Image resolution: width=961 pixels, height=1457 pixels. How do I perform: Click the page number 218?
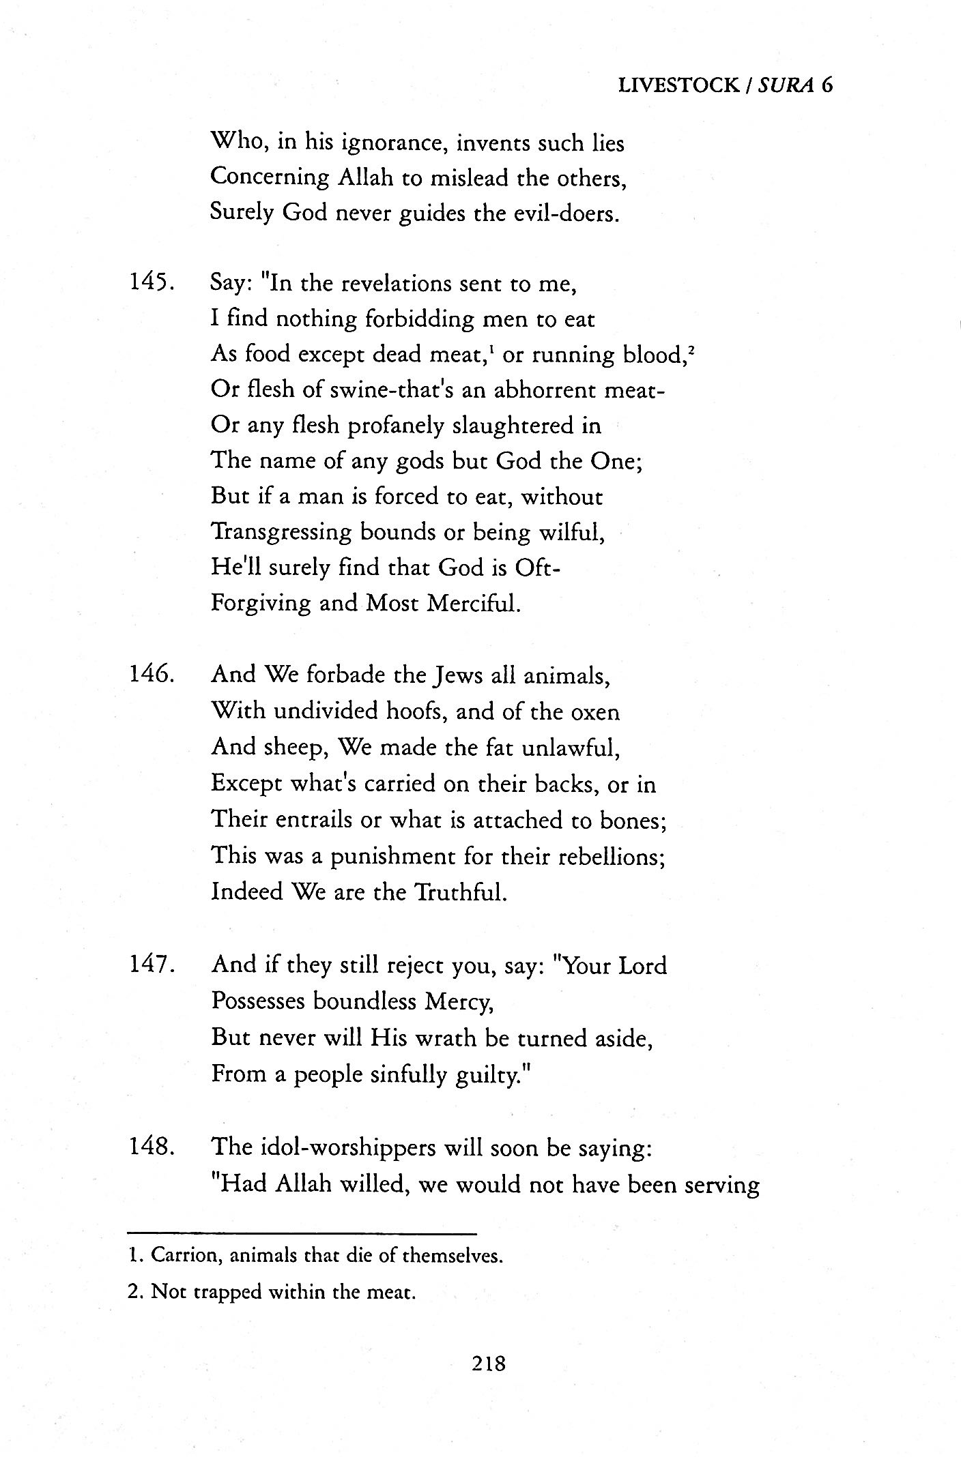coord(488,1364)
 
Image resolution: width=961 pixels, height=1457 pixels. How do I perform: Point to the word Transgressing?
coord(281,532)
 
